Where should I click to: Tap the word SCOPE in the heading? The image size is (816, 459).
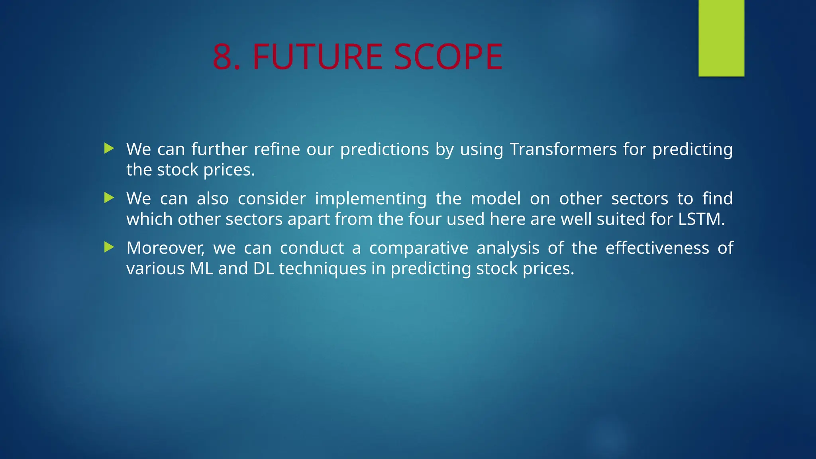[448, 57]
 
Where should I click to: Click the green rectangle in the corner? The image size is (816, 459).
[721, 38]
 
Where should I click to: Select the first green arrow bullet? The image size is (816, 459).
[109, 149]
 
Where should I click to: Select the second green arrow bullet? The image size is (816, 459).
[109, 198]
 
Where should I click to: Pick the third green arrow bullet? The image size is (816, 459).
[109, 247]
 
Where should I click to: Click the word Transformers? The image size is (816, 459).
[563, 149]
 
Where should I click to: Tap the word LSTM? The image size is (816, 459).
[701, 219]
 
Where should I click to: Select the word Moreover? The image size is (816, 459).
[165, 248]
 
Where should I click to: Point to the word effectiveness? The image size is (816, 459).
[657, 248]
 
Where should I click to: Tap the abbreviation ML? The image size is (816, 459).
[201, 269]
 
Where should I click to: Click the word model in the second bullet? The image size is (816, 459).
[496, 198]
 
